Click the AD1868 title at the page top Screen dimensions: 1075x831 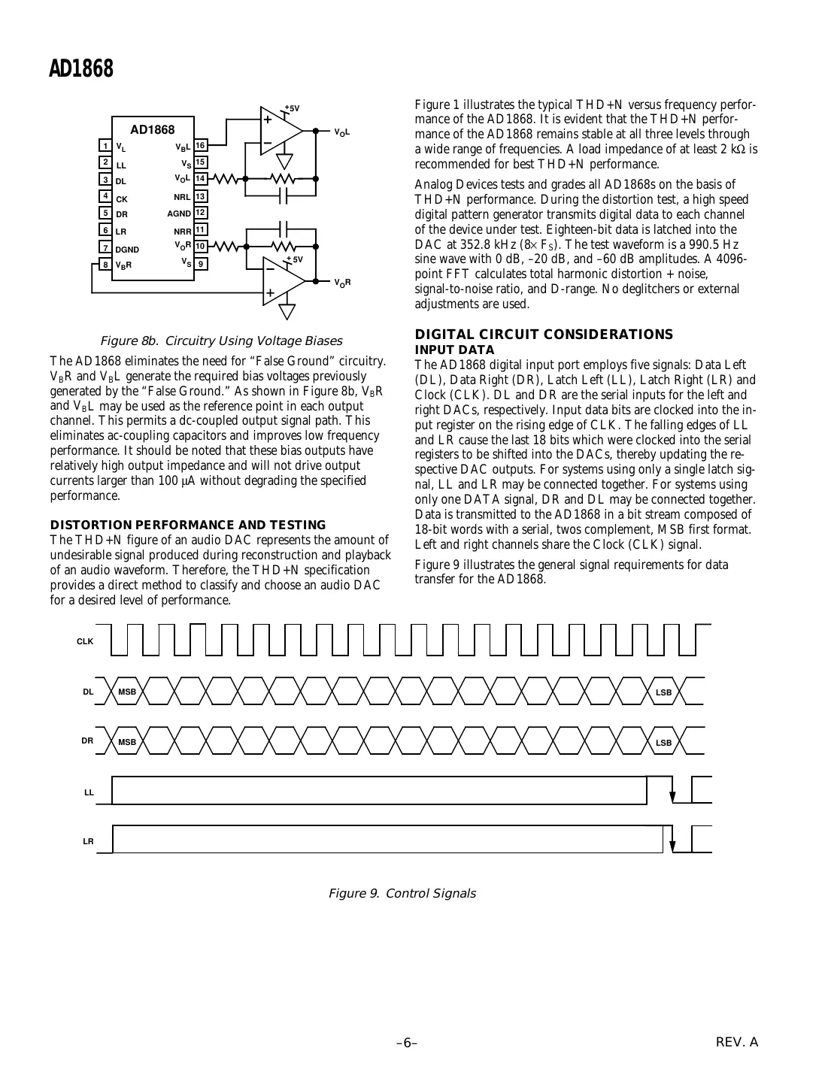[80, 68]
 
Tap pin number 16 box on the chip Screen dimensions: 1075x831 [201, 146]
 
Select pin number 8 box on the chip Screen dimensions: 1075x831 [106, 265]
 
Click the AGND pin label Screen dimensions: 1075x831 [180, 213]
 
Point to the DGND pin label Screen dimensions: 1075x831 [127, 249]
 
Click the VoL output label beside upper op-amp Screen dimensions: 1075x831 [342, 132]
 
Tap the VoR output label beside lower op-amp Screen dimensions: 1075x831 [342, 283]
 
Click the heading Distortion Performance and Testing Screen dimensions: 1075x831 [187, 525]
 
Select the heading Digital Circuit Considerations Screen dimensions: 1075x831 [544, 335]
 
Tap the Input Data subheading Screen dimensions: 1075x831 [454, 350]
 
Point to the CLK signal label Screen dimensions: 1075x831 [85, 641]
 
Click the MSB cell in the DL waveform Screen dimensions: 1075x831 [127, 692]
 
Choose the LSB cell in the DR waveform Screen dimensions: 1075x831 [663, 743]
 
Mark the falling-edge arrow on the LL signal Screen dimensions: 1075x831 [673, 796]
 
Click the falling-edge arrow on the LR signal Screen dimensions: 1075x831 [673, 845]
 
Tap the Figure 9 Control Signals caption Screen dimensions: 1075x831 [402, 893]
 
